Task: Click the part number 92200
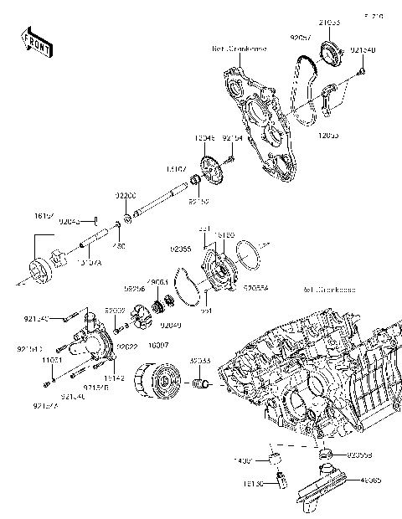point(126,194)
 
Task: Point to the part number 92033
point(199,360)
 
